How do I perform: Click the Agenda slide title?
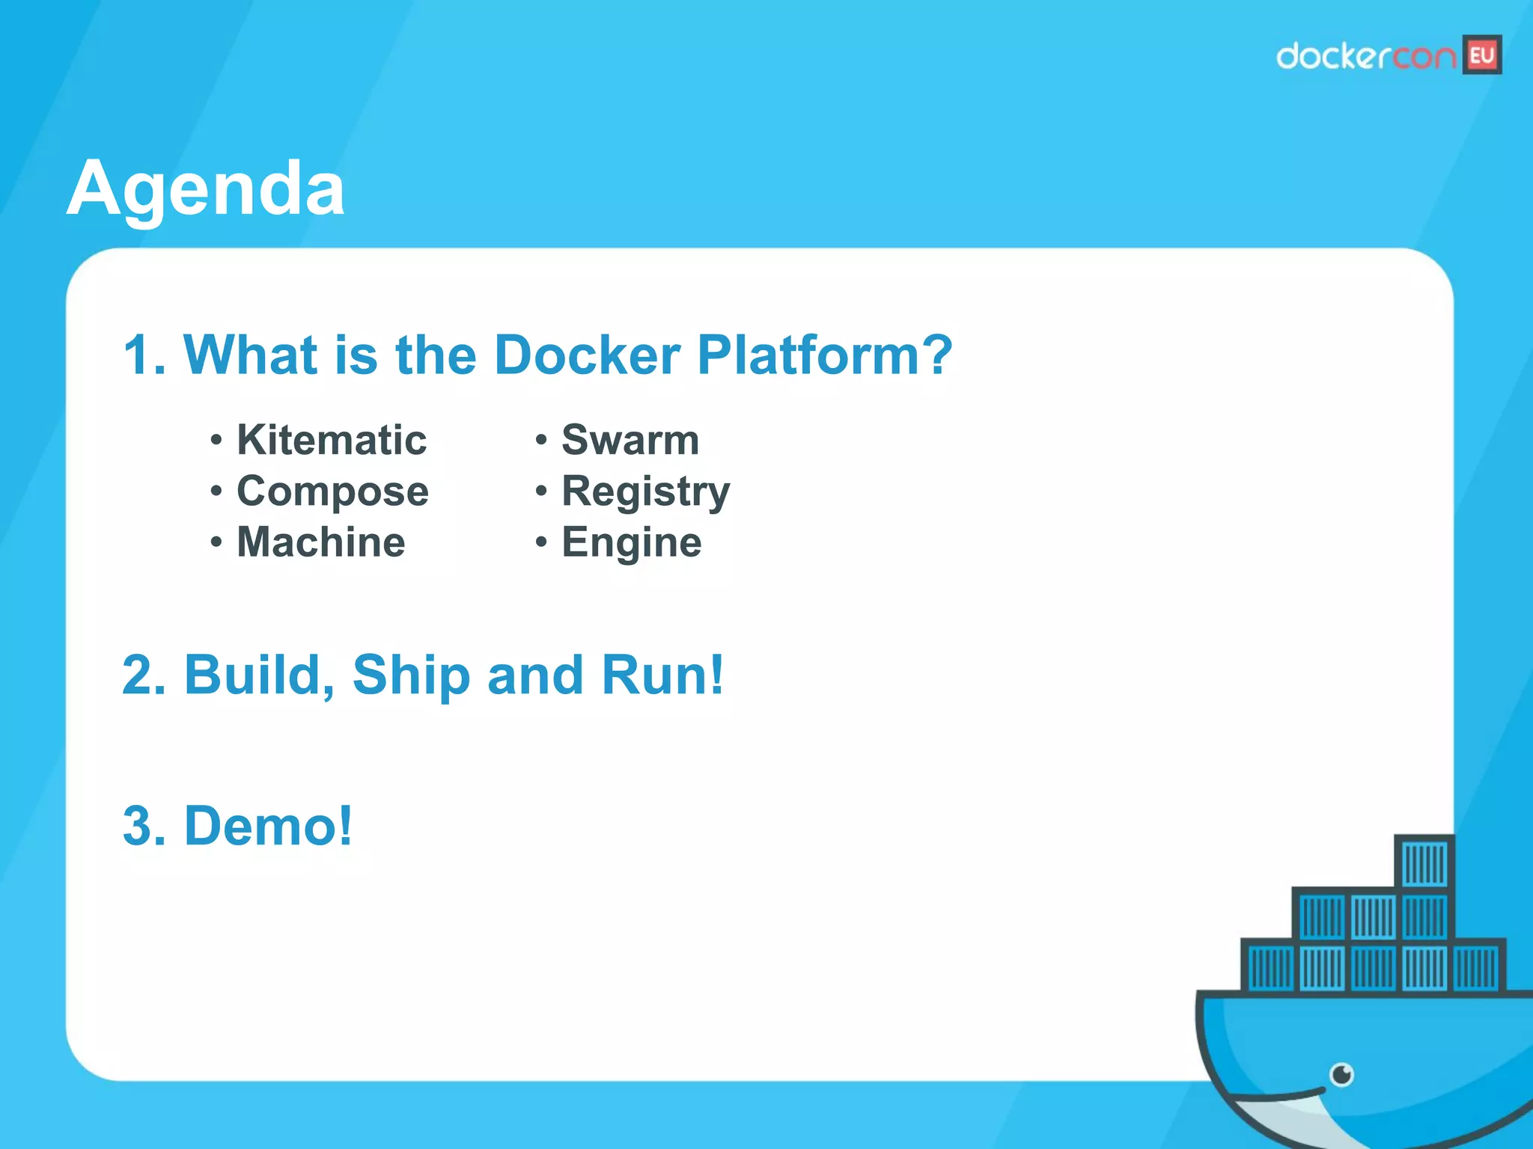(x=206, y=189)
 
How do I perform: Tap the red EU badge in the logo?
(x=1481, y=55)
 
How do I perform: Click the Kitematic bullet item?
(x=332, y=440)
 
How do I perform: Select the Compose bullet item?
(x=332, y=491)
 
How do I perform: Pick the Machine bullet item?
(x=320, y=542)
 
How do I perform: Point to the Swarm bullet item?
(x=630, y=440)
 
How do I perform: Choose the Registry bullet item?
(x=645, y=491)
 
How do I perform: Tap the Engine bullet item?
(x=632, y=542)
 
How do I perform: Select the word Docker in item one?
(x=587, y=355)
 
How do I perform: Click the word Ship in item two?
(x=410, y=675)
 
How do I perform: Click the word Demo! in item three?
(x=268, y=826)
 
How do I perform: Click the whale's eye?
(x=1342, y=1075)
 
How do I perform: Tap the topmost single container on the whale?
(x=1424, y=862)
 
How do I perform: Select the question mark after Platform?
(x=937, y=355)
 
